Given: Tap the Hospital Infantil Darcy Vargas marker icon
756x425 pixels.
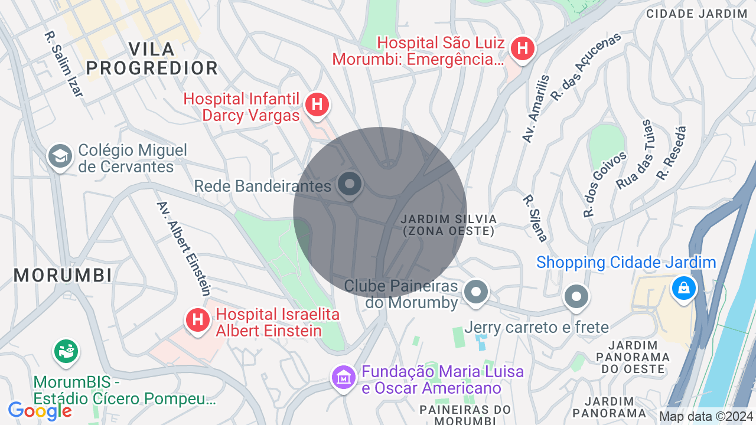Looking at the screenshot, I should [317, 105].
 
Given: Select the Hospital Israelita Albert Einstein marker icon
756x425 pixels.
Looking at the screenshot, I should [198, 320].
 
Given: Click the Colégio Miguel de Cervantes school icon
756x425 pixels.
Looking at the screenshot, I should [60, 156].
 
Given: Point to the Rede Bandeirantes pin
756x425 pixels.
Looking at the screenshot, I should [350, 184].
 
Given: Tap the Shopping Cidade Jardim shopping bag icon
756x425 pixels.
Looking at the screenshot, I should [683, 288].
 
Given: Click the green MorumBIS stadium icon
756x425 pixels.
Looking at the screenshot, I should [66, 351].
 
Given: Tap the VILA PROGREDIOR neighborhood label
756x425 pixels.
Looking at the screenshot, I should [152, 58].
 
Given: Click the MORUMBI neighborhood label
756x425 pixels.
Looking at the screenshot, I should [63, 275].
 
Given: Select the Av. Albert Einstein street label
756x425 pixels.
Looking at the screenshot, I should [184, 248].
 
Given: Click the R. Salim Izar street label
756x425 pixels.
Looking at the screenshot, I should [64, 63].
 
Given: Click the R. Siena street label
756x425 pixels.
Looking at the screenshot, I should [535, 218].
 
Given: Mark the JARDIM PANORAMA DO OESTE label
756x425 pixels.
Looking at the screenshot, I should [633, 357].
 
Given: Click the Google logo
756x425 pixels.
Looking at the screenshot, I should [40, 411].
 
